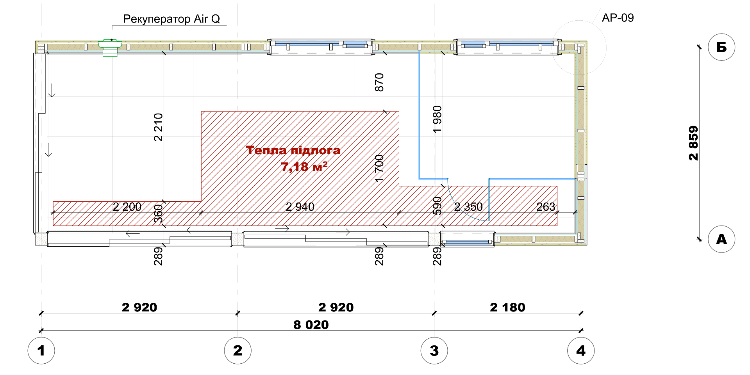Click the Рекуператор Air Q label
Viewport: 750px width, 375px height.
171,19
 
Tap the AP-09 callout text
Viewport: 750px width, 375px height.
618,18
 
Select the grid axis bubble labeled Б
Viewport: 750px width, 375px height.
721,47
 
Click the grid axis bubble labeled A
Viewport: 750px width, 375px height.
721,239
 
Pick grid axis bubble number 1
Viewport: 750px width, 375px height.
41,350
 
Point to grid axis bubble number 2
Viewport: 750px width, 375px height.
237,350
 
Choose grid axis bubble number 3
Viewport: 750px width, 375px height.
434,350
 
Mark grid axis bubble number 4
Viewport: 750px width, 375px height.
581,350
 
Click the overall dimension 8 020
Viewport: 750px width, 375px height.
311,325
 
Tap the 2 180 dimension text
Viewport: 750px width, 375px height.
507,307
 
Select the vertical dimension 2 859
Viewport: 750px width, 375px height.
693,143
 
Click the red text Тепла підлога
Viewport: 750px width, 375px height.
293,150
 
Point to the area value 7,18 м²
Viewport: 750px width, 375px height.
304,167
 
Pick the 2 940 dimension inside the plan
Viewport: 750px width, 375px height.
300,207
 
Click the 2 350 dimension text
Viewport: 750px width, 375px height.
468,207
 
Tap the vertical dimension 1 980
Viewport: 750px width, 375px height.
437,119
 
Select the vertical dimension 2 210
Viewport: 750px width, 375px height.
158,127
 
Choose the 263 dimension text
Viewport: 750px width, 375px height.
546,206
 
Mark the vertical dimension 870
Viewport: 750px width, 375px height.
379,82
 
